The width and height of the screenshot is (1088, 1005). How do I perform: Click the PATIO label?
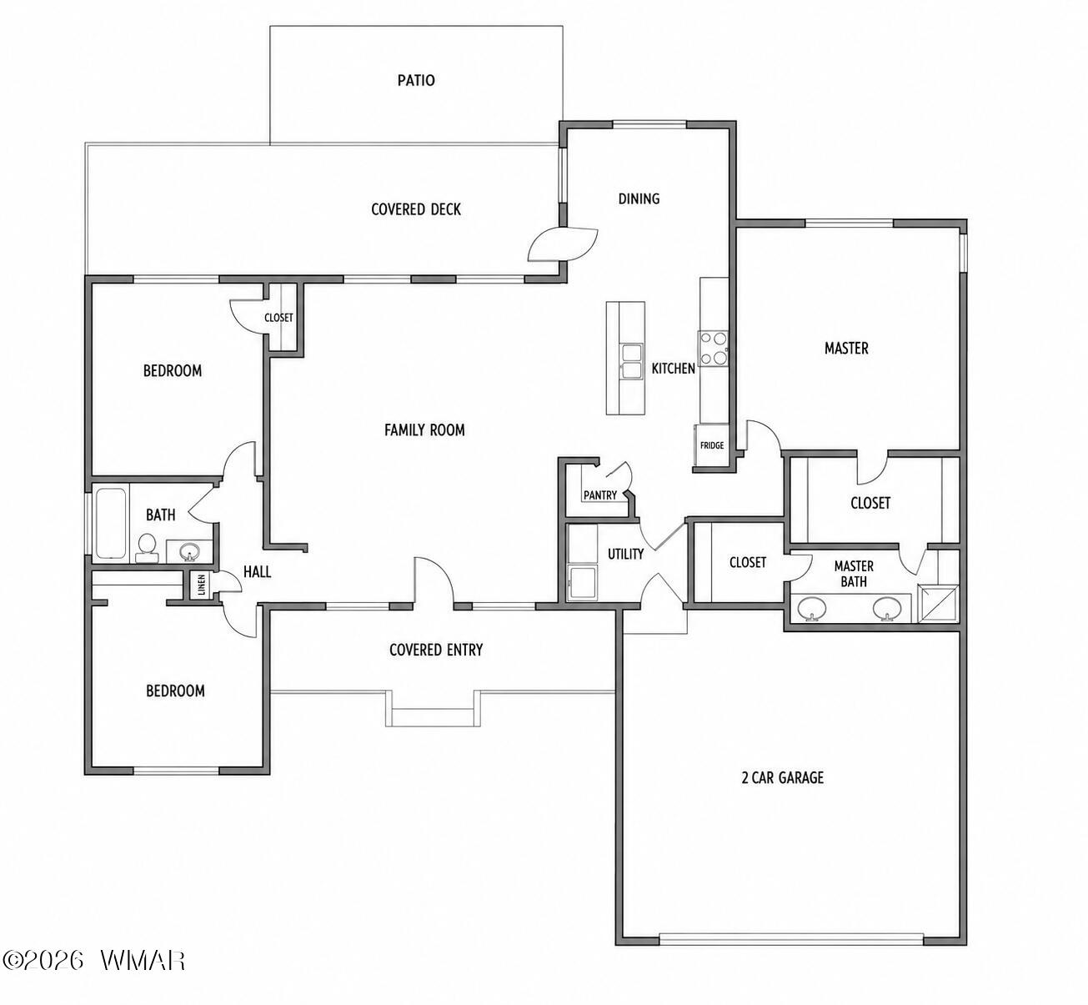click(x=416, y=81)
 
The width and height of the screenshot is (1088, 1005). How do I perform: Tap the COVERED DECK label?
click(x=416, y=209)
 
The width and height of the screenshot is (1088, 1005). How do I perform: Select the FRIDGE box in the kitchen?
click(x=712, y=445)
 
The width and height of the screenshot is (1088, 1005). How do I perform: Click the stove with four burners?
click(x=714, y=349)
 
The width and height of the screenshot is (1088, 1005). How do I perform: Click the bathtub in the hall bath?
click(x=111, y=524)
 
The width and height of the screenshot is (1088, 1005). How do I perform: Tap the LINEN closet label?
click(x=201, y=585)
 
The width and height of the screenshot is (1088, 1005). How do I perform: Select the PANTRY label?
click(x=600, y=495)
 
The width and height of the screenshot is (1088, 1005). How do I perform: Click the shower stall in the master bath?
click(x=939, y=604)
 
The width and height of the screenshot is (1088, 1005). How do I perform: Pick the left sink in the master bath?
click(x=812, y=609)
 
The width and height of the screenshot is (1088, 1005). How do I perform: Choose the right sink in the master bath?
click(x=887, y=609)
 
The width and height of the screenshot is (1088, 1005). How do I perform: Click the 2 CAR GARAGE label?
click(x=782, y=777)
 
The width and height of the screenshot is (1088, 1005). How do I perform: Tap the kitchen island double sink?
click(x=632, y=362)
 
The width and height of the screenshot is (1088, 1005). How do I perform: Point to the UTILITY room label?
click(x=625, y=555)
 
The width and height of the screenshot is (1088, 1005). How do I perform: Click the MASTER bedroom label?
click(x=846, y=348)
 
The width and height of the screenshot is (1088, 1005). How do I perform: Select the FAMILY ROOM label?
click(x=424, y=430)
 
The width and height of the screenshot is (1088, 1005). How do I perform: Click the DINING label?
click(x=639, y=198)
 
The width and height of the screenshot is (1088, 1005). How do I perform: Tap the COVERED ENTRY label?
click(x=436, y=651)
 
